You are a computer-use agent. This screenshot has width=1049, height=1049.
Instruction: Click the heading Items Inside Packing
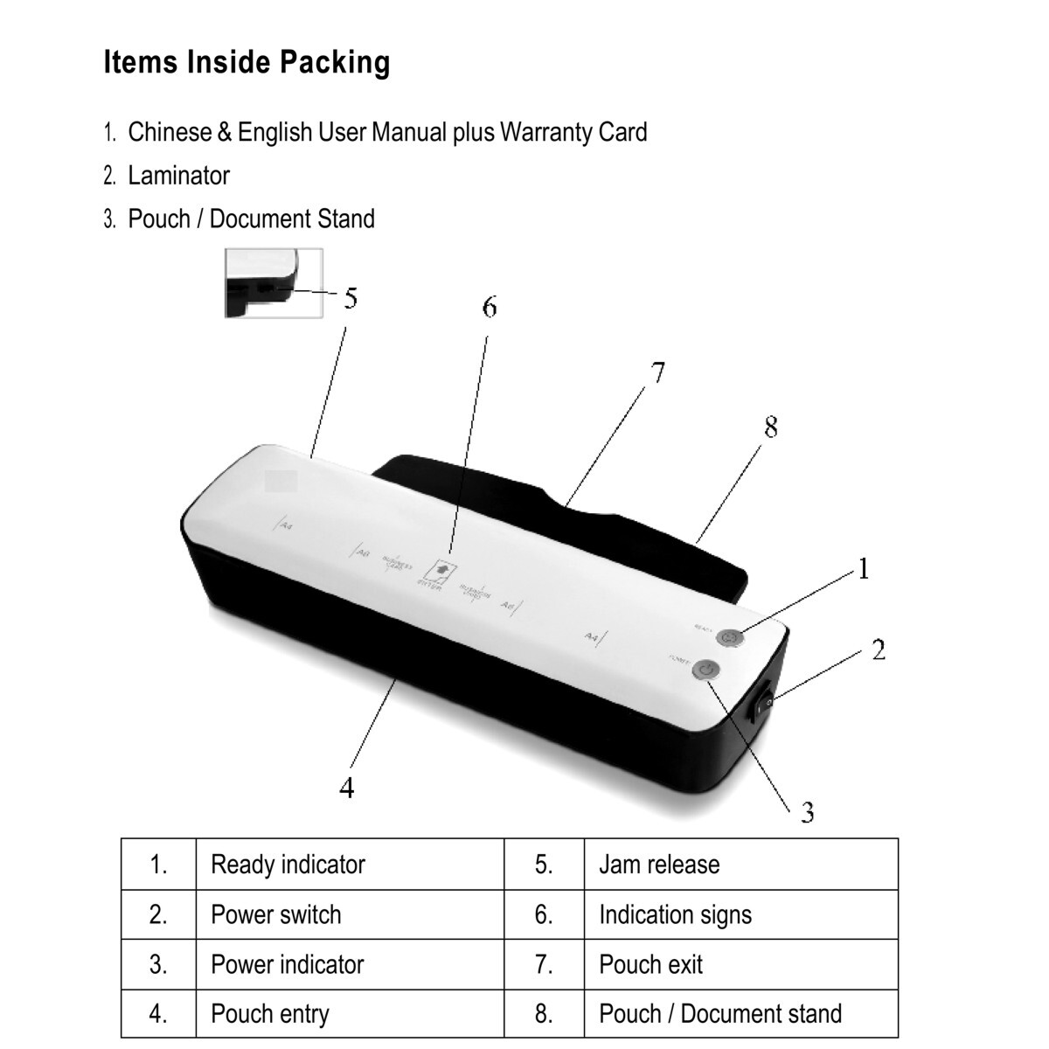coord(247,63)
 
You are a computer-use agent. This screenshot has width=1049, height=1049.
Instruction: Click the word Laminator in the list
coord(178,176)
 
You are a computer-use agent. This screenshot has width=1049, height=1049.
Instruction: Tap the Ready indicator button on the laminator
coord(728,638)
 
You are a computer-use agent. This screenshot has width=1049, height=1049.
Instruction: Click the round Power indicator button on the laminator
coord(705,671)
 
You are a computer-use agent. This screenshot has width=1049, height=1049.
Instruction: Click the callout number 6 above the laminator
coord(490,308)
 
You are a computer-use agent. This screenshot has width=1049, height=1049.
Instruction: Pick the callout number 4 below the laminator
coord(347,788)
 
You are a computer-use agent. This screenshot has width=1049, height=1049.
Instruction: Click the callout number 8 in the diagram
coord(770,427)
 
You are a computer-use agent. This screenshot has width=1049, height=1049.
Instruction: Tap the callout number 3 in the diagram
coord(808,813)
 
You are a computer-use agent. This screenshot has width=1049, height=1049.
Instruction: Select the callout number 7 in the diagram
coord(657,373)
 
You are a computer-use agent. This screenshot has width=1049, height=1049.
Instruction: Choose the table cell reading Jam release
coord(659,865)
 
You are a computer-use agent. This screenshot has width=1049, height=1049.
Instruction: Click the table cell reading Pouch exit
coord(650,964)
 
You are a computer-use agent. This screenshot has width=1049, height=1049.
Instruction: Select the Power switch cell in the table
coord(275,914)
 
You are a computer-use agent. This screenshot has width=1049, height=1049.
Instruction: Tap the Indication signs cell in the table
coord(675,914)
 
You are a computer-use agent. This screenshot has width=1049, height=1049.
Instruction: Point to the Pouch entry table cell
coord(269,1014)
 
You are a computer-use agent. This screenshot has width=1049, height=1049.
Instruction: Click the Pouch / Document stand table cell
coord(719,1014)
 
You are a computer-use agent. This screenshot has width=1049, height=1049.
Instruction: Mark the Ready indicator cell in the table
coord(288,865)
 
